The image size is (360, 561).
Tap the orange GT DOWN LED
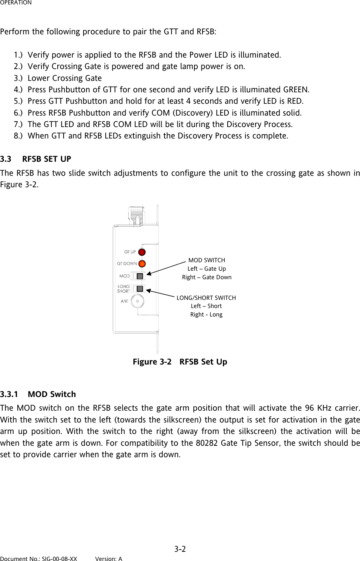click(x=142, y=264)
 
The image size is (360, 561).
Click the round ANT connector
click(x=137, y=301)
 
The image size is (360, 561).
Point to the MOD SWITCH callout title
click(x=207, y=260)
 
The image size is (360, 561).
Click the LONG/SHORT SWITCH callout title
click(x=206, y=298)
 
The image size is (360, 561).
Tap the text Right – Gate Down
click(x=207, y=277)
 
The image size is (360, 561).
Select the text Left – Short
click(x=206, y=306)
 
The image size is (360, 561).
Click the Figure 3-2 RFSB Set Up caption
click(x=180, y=362)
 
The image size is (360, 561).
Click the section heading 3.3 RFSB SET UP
click(x=36, y=159)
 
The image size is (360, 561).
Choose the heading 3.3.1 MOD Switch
click(x=38, y=394)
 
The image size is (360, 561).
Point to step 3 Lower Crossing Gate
click(x=64, y=78)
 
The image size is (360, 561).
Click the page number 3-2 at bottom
click(x=180, y=549)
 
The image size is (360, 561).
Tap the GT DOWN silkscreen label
click(x=127, y=264)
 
